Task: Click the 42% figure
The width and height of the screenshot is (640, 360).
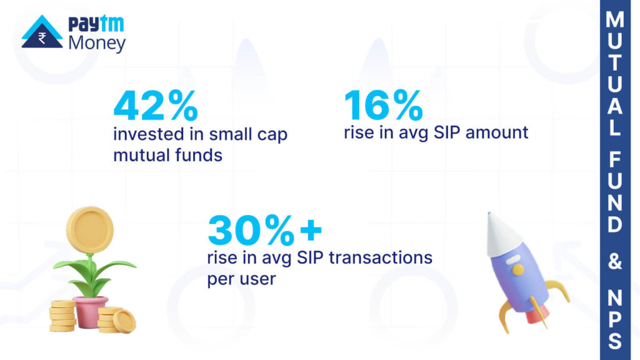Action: pyautogui.click(x=155, y=106)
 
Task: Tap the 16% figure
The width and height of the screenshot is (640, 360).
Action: pyautogui.click(x=383, y=106)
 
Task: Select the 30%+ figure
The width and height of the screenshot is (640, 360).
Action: pyautogui.click(x=264, y=231)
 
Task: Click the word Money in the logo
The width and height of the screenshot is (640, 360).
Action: pyautogui.click(x=96, y=43)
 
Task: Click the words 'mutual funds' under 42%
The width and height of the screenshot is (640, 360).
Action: pyautogui.click(x=167, y=154)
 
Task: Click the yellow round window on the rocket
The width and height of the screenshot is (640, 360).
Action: pyautogui.click(x=518, y=269)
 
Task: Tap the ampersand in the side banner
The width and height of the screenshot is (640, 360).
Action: pyautogui.click(x=615, y=263)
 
